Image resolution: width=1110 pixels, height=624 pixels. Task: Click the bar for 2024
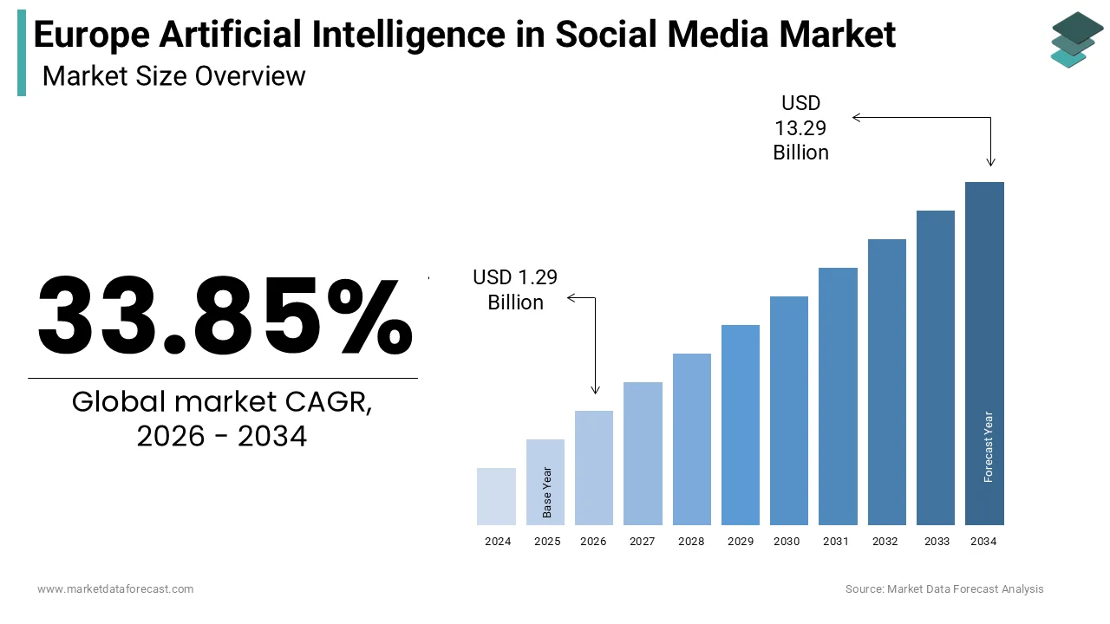497,497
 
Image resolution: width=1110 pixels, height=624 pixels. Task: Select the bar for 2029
741,425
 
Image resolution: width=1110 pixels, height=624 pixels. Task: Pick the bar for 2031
838,396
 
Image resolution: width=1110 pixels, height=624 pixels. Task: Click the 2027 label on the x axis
642,542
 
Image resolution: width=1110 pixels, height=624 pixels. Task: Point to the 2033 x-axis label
936,542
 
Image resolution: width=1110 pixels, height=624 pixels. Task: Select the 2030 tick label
787,542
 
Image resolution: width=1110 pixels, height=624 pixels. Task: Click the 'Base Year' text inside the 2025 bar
547,492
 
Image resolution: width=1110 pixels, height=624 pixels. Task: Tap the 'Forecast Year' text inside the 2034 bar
989,446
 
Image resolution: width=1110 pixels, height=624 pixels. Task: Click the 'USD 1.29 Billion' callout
515,289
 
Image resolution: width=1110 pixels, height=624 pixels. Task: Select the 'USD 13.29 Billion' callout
800,128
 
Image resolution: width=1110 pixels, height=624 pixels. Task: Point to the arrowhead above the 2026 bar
595,390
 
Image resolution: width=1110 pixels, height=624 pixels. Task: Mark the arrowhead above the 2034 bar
990,162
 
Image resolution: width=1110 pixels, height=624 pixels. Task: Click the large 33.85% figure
224,315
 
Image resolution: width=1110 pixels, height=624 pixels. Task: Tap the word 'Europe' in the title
92,35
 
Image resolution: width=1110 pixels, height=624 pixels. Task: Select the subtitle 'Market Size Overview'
173,76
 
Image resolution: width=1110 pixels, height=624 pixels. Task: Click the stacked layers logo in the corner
1077,39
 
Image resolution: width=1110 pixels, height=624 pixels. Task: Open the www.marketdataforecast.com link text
115,589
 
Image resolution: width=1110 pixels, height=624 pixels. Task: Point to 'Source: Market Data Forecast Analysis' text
944,589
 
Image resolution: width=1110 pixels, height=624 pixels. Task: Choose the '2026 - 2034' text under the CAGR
222,437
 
